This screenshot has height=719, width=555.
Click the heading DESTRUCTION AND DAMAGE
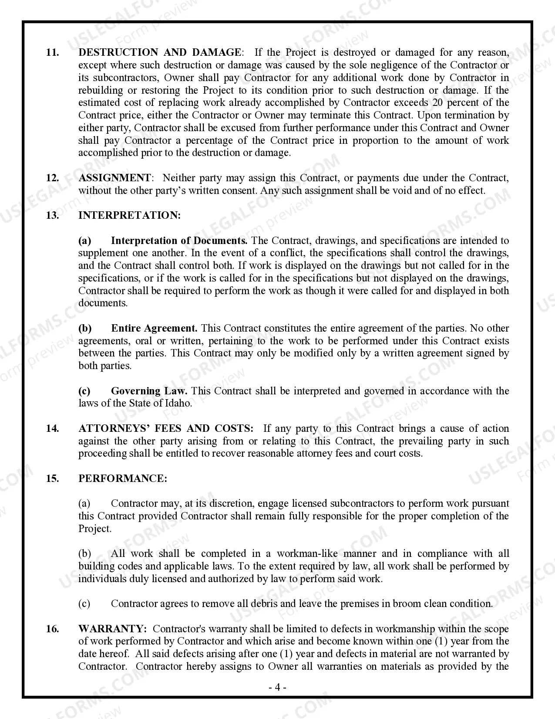159,52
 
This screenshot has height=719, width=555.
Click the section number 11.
52,52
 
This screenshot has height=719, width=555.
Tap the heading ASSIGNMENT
114,178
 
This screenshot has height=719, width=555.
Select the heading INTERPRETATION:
129,215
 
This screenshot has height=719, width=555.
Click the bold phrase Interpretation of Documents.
179,241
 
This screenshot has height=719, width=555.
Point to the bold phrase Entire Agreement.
154,328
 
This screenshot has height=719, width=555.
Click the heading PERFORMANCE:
123,478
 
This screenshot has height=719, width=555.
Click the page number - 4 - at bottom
277,688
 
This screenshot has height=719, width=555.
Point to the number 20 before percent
438,103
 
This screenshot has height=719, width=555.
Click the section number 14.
52,428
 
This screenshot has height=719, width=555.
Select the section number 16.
52,629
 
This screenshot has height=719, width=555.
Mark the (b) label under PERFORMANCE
85,554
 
